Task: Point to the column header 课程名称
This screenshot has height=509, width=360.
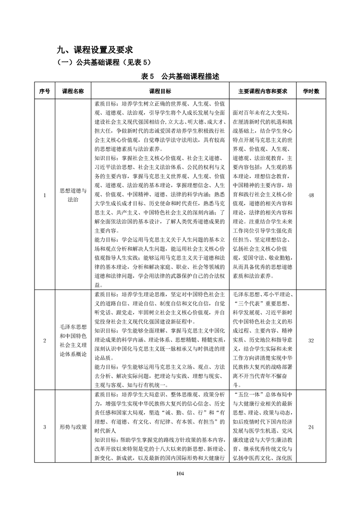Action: click(73, 91)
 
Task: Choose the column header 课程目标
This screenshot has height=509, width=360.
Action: click(160, 91)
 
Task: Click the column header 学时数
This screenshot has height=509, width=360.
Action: click(311, 91)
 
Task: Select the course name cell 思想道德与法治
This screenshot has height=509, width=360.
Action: click(73, 195)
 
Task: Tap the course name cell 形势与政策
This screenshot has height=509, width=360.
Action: click(73, 427)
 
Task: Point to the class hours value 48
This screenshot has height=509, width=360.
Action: click(311, 195)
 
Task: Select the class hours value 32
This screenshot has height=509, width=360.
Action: click(311, 340)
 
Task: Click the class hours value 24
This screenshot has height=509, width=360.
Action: click(311, 427)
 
